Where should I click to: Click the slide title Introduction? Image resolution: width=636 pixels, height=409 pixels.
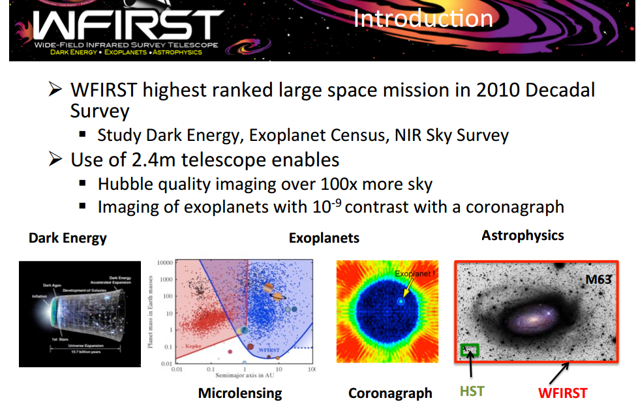[x=423, y=18]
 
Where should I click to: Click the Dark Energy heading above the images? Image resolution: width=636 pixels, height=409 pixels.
[x=67, y=237]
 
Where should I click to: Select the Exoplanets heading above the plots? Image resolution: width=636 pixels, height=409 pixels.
[x=324, y=238]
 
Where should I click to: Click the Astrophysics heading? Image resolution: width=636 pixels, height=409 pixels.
[x=522, y=235]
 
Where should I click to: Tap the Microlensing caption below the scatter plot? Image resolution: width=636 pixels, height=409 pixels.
[x=240, y=393]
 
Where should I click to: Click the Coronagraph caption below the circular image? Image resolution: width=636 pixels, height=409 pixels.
[x=390, y=393]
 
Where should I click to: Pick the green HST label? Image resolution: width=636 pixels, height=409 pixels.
[x=472, y=392]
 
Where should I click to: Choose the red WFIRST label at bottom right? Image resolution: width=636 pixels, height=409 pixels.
[x=562, y=393]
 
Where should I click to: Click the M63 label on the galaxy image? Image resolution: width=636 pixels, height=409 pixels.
[x=598, y=280]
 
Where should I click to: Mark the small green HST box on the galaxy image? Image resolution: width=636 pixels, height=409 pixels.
[x=470, y=350]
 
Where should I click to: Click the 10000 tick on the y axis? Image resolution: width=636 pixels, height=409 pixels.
[x=164, y=262]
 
